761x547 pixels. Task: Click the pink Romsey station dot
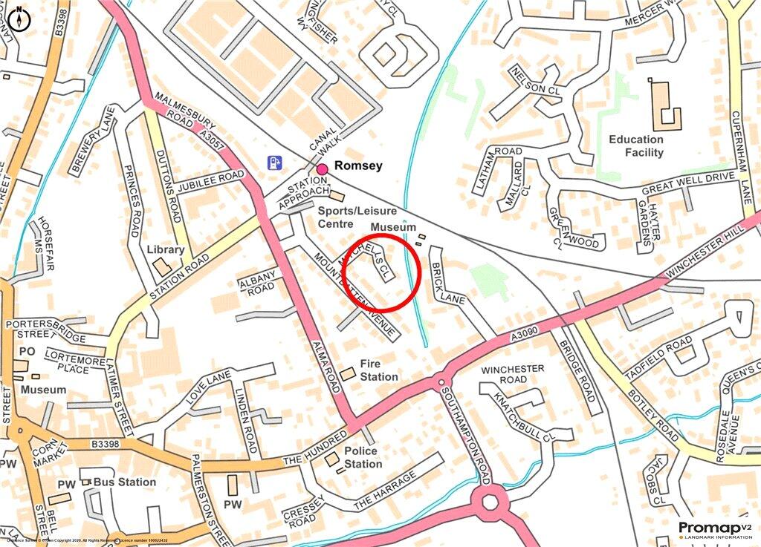click(x=323, y=169)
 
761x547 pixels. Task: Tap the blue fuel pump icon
click(x=275, y=161)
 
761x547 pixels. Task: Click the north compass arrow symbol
click(x=19, y=19)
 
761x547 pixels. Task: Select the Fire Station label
click(x=379, y=370)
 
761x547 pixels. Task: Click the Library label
click(x=165, y=250)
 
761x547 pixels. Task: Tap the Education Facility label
click(x=636, y=145)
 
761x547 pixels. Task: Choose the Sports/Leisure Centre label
click(x=357, y=217)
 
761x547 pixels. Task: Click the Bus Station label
click(x=125, y=482)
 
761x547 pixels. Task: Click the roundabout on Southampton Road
click(x=490, y=503)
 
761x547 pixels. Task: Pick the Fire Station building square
click(x=347, y=374)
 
